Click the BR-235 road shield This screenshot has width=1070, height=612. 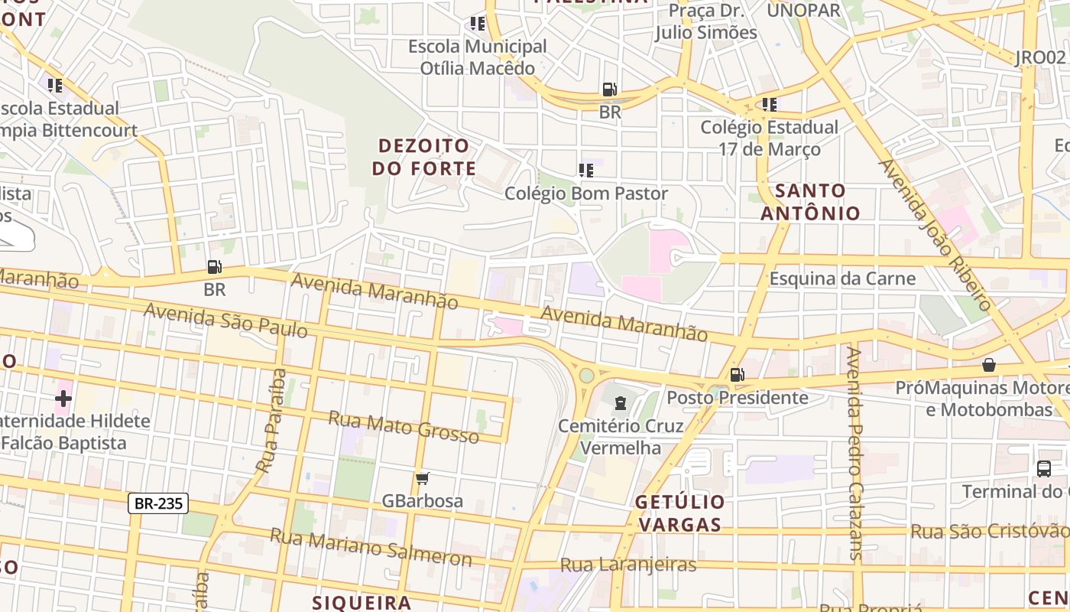[158, 503]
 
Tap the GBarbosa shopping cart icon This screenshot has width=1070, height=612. [422, 479]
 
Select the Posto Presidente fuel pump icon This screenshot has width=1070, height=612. [737, 375]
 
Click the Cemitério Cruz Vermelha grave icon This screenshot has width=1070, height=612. [621, 402]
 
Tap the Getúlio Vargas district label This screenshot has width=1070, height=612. [679, 513]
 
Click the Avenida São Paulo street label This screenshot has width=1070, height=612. [225, 321]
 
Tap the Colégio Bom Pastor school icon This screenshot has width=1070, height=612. [586, 171]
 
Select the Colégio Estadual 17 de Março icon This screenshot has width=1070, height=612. [769, 104]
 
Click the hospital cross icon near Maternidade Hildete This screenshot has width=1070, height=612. [63, 399]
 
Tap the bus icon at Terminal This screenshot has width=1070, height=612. [1044, 468]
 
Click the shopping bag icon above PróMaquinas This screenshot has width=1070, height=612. [989, 365]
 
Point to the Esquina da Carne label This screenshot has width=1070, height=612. [842, 278]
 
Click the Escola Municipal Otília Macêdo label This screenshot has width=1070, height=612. [478, 57]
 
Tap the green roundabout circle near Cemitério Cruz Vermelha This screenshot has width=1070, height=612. [586, 376]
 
